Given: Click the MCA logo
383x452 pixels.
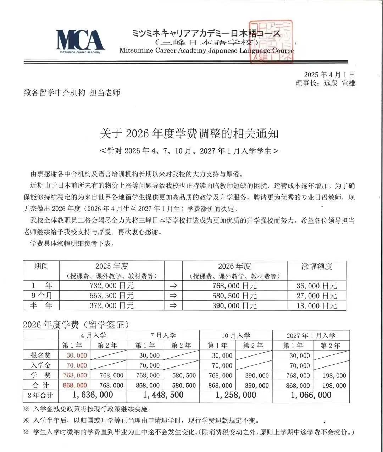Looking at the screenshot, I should (80, 40).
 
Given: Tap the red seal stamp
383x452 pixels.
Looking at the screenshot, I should (271, 42).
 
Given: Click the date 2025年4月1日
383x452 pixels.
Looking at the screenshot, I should (329, 75).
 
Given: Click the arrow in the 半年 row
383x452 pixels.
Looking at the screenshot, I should (173, 305).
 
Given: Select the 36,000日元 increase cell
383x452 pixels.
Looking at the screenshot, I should (316, 286).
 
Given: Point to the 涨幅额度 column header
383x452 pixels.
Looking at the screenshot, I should (316, 266).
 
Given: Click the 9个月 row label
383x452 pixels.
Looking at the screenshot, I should (41, 296).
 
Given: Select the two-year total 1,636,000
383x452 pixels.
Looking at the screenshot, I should (93, 395).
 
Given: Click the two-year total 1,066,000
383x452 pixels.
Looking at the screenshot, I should (311, 395).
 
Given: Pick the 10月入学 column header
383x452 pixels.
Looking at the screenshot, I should (236, 335).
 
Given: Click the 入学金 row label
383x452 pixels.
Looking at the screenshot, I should (41, 365).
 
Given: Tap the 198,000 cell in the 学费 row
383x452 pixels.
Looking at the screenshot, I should (334, 375).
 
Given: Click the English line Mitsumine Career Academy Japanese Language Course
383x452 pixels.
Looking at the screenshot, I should (206, 50).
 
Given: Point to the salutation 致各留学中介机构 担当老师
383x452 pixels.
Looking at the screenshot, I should (72, 93).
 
